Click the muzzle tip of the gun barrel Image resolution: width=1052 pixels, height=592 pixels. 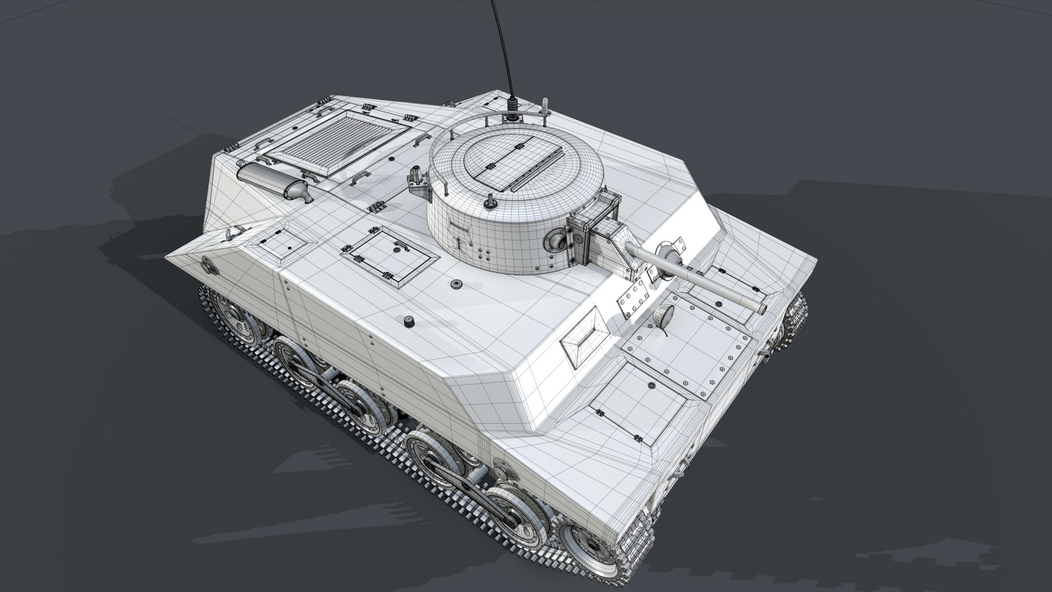click(x=761, y=309)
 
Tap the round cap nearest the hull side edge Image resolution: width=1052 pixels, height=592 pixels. click(x=408, y=321)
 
